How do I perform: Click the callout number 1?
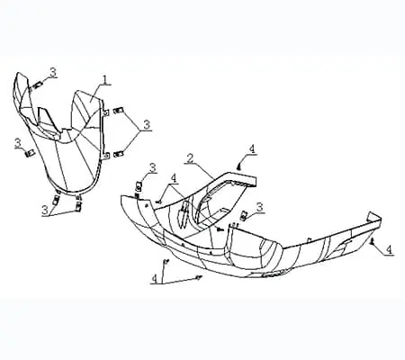pyautogui.click(x=105, y=80)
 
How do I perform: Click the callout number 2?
pyautogui.click(x=189, y=158)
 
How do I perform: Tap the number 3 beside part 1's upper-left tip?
pyautogui.click(x=53, y=72)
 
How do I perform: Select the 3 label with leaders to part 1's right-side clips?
pyautogui.click(x=147, y=125)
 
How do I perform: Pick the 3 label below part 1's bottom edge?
pyautogui.click(x=45, y=211)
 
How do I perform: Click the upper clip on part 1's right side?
pyautogui.click(x=118, y=111)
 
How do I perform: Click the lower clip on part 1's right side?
pyautogui.click(x=119, y=154)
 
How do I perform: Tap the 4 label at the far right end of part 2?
pyautogui.click(x=389, y=249)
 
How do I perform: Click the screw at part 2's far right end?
pyautogui.click(x=373, y=241)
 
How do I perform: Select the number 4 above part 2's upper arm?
pyautogui.click(x=253, y=148)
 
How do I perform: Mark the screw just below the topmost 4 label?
pyautogui.click(x=239, y=165)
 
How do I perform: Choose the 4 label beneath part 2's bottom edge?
pyautogui.click(x=155, y=278)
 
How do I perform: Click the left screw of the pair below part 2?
pyautogui.click(x=165, y=262)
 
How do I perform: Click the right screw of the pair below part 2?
pyautogui.click(x=197, y=277)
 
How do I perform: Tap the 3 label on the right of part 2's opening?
pyautogui.click(x=260, y=207)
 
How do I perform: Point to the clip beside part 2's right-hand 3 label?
pyautogui.click(x=244, y=215)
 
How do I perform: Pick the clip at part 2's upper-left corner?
pyautogui.click(x=139, y=186)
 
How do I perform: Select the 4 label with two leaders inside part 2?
pyautogui.click(x=174, y=178)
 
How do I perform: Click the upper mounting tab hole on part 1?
pyautogui.click(x=106, y=112)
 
